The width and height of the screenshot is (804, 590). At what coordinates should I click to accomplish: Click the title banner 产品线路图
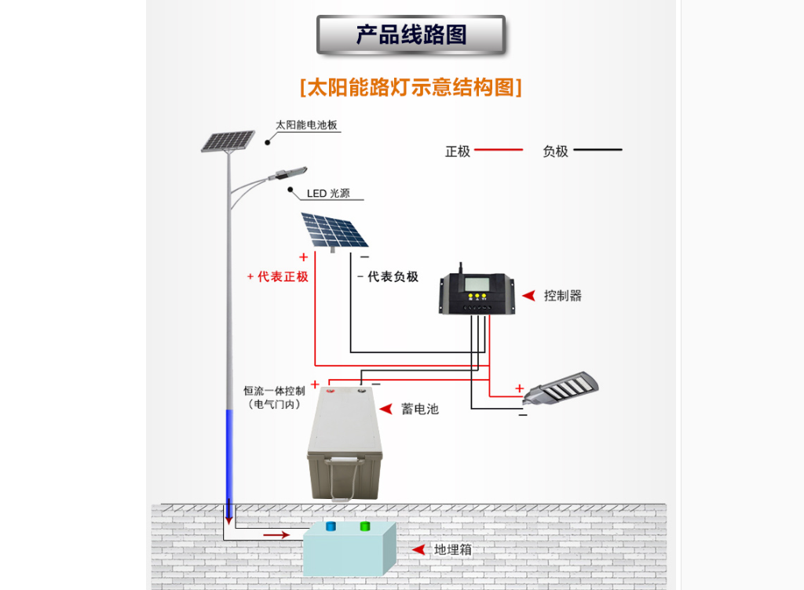click(411, 35)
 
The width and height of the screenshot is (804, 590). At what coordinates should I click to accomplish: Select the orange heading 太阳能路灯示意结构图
click(411, 86)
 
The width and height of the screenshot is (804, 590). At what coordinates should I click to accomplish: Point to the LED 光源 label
click(328, 194)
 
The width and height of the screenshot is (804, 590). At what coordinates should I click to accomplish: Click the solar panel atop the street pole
click(227, 141)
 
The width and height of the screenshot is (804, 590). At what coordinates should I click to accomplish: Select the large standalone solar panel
click(334, 230)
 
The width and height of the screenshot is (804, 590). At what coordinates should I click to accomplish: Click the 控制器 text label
click(562, 296)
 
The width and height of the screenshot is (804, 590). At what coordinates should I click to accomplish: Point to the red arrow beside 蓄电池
click(386, 409)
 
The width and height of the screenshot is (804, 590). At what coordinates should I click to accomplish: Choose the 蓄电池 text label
click(420, 409)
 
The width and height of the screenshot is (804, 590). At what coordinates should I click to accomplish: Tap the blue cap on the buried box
click(331, 526)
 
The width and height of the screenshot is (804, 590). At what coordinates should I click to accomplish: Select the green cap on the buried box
click(364, 526)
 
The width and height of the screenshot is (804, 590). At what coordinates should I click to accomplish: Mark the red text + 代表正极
click(278, 277)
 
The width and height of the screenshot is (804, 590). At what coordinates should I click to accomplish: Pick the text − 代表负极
click(388, 277)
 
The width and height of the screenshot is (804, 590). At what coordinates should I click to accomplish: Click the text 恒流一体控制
click(274, 391)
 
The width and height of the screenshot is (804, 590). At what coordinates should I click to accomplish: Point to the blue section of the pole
click(229, 455)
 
